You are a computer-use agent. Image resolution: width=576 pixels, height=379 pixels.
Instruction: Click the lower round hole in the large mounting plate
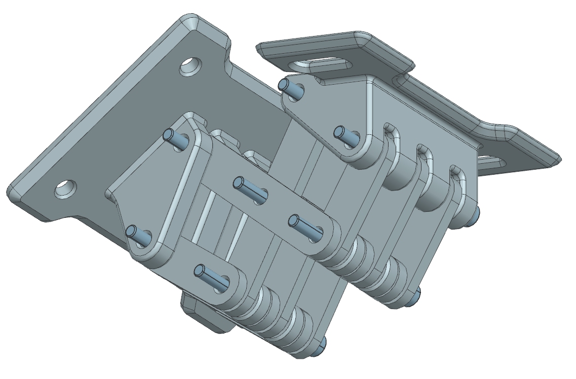point(65,188)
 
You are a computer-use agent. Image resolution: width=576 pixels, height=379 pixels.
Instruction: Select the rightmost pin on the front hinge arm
point(306,225)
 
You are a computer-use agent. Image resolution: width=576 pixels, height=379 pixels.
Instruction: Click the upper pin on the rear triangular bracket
point(292,89)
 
